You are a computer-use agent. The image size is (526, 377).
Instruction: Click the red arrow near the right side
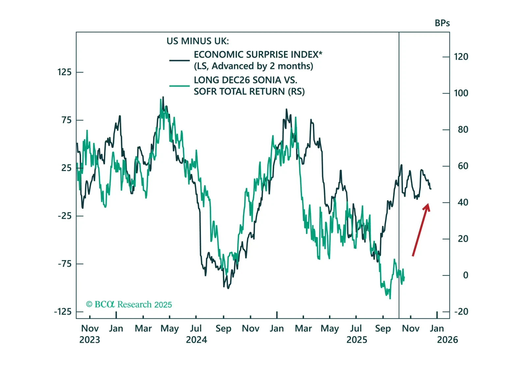point(421,230)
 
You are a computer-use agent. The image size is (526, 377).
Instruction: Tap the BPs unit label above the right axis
point(442,23)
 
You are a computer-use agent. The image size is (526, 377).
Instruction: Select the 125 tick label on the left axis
point(64,72)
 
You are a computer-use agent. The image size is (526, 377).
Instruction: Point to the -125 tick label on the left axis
point(63,312)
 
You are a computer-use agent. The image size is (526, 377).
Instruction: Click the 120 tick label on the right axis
point(461,57)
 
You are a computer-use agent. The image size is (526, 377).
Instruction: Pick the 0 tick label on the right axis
point(465,275)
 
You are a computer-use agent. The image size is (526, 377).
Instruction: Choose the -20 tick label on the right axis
point(461,311)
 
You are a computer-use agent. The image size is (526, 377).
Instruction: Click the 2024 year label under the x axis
point(196,340)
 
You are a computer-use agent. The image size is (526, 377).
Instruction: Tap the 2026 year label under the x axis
point(447,340)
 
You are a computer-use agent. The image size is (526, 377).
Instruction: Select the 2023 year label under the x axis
point(90,340)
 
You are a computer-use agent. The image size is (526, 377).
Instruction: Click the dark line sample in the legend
point(180,60)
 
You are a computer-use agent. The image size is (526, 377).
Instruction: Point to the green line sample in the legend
point(180,86)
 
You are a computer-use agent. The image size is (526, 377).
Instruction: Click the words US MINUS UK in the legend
point(198,41)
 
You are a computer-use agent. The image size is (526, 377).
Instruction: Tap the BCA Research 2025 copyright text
point(129,304)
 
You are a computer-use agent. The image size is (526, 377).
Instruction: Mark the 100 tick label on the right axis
point(461,93)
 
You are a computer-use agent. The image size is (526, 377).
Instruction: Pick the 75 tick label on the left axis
point(66,120)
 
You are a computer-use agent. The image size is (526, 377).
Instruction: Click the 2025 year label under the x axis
point(357,340)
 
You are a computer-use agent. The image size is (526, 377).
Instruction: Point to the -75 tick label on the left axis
point(65,264)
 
